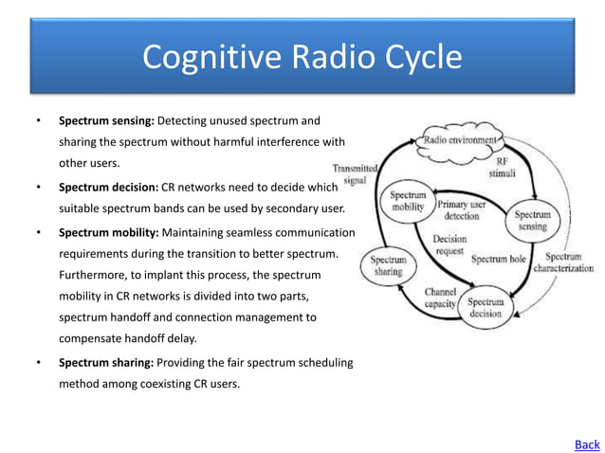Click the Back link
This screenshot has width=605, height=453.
[587, 444]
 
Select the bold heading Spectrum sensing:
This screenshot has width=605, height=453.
[106, 121]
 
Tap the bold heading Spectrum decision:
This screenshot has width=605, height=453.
[107, 187]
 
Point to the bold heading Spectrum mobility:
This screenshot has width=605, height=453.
[109, 232]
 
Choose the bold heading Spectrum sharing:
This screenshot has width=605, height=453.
[107, 363]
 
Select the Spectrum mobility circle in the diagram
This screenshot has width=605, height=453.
[408, 201]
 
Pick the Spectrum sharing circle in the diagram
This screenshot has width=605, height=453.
[388, 264]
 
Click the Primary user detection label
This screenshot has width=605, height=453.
[462, 210]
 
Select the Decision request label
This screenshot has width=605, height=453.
[449, 245]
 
